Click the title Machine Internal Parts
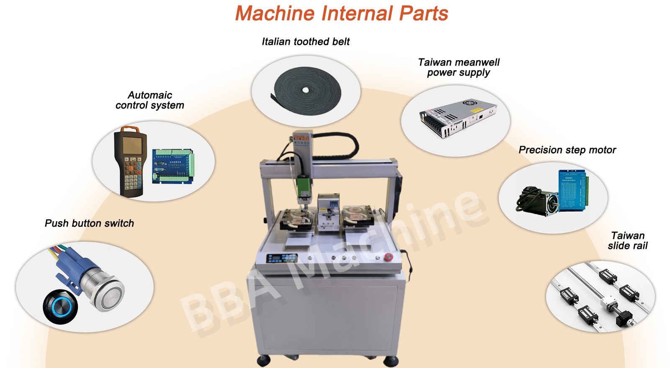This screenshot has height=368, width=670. tap(342, 14)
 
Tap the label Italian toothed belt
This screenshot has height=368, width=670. tap(305, 41)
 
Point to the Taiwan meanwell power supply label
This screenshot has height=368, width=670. tap(459, 67)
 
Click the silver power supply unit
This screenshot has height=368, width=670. tap(458, 118)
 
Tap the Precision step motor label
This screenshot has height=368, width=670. tap(567, 150)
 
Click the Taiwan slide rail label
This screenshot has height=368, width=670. tap(628, 240)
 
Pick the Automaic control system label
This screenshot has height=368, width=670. tap(149, 100)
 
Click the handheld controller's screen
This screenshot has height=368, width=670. tap(132, 145)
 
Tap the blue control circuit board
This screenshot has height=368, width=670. tap(173, 166)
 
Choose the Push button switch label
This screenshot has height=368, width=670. tap(89, 223)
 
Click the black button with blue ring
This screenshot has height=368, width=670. tap(60, 307)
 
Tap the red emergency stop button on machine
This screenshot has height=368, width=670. tap(389, 257)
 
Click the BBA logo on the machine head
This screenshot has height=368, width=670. tap(301, 138)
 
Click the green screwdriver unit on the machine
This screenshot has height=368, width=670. tap(304, 188)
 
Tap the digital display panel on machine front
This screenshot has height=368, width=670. tap(282, 258)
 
